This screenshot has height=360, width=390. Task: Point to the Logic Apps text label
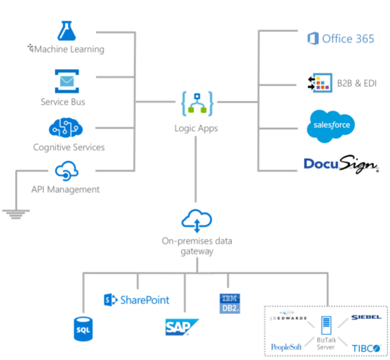pyautogui.click(x=196, y=128)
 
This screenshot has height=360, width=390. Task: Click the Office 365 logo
pyautogui.click(x=340, y=38)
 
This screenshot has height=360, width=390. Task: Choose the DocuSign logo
pyautogui.click(x=341, y=165)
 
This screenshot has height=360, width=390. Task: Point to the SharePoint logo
pyautogui.click(x=137, y=300)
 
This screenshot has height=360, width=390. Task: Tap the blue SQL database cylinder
pyautogui.click(x=83, y=328)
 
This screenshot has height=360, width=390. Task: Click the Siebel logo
pyautogui.click(x=365, y=317)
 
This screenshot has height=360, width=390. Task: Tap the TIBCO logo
pyautogui.click(x=365, y=347)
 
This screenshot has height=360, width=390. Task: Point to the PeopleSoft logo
pyautogui.click(x=287, y=347)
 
